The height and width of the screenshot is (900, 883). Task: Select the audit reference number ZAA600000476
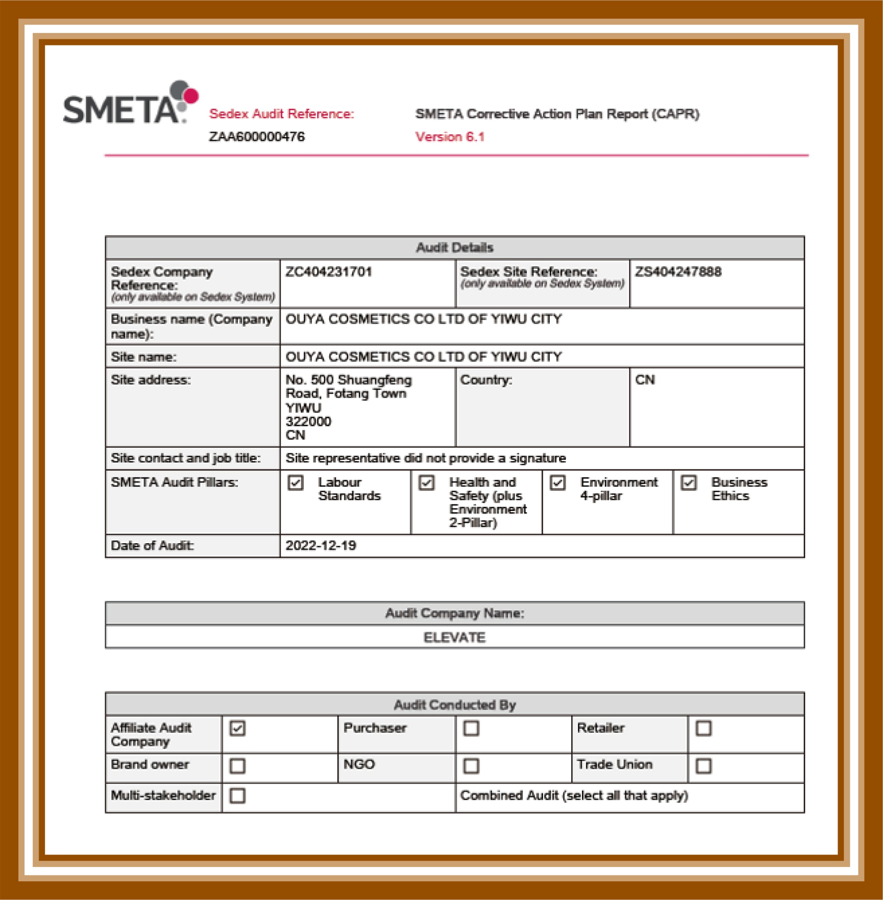tap(256, 137)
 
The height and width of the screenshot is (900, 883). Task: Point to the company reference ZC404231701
tap(328, 272)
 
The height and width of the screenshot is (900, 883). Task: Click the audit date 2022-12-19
tap(320, 546)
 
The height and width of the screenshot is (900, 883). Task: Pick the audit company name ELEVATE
tap(455, 637)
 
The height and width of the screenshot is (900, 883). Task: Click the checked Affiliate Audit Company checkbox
tap(237, 728)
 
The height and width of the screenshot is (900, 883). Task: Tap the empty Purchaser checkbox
tap(471, 728)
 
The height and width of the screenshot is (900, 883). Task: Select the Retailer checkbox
tap(704, 728)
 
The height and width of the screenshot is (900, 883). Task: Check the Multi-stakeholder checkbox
tap(237, 796)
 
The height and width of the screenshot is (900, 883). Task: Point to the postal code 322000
tap(308, 422)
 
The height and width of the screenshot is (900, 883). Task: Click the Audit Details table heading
tap(455, 248)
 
